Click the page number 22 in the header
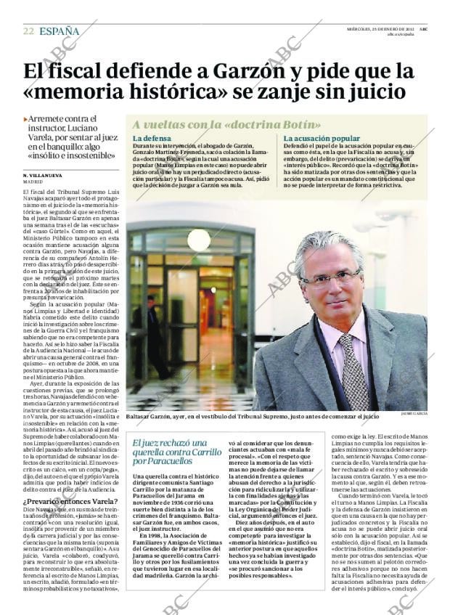(28, 31)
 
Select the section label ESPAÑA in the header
(60, 31)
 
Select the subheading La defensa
(152, 138)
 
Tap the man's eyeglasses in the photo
(329, 278)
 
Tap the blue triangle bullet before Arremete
(25, 118)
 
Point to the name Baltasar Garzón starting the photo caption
(153, 418)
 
